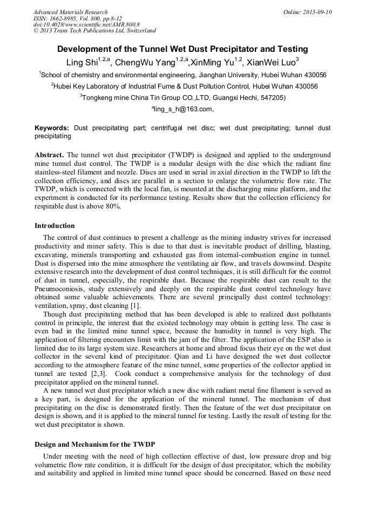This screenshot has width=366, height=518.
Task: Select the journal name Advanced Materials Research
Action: click(70, 12)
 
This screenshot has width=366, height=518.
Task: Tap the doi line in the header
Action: click(86, 24)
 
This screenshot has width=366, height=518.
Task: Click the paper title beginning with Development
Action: click(182, 49)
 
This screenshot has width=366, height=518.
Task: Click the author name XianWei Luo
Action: click(272, 62)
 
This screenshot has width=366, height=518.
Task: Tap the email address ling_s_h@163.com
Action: click(182, 109)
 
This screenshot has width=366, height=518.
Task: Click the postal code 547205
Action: click(272, 98)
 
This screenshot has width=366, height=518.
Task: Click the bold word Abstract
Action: click(49, 154)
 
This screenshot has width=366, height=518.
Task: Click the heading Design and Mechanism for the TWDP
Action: click(88, 444)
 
